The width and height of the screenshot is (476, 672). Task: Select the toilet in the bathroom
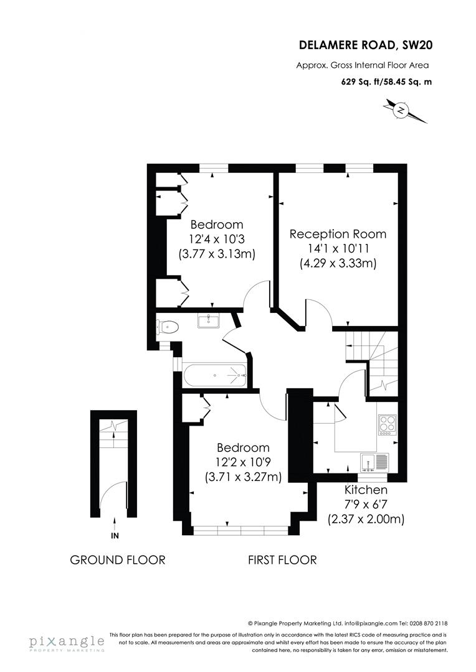[168, 326]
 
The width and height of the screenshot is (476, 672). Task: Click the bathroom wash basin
[207, 320]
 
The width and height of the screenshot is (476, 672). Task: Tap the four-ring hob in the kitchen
[388, 424]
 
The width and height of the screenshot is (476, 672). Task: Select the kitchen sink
[374, 462]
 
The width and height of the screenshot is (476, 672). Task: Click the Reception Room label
[338, 234]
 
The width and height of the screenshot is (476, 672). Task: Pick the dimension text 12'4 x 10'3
[217, 238]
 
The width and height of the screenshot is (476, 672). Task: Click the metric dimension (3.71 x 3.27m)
[243, 477]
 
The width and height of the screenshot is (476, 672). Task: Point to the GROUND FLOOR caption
[118, 560]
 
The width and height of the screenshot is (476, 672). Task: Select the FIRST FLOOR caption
[282, 560]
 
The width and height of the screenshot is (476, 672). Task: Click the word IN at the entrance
[115, 536]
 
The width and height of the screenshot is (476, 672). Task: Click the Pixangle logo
[66, 643]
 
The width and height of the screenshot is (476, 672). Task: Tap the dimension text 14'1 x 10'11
[338, 249]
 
